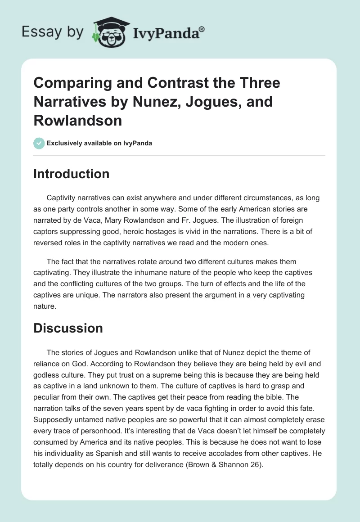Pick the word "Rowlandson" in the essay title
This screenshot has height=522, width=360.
click(77, 121)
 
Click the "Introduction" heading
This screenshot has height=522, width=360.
click(71, 174)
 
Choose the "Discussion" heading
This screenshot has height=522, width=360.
click(68, 328)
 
